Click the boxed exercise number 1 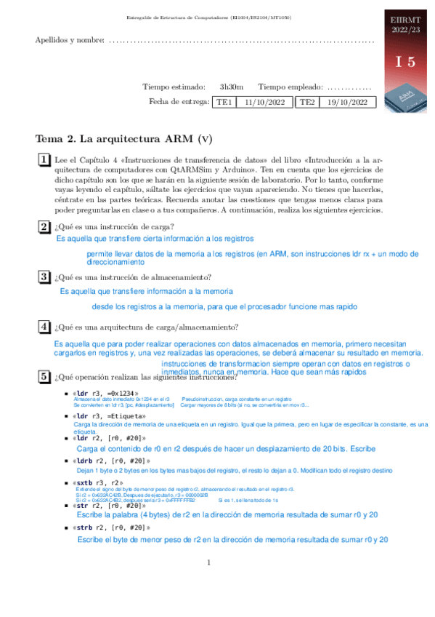coord(44,160)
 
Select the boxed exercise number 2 coord(44,226)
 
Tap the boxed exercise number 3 coord(44,276)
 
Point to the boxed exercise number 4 coord(44,327)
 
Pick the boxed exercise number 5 coord(44,376)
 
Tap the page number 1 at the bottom coord(208,562)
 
